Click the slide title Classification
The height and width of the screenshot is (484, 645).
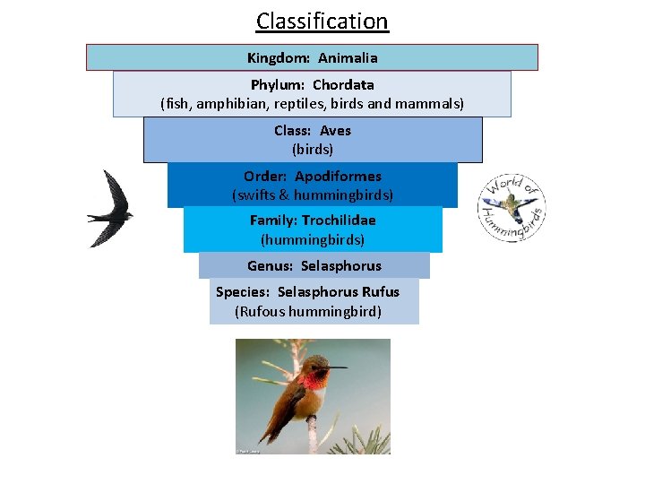coord(322,21)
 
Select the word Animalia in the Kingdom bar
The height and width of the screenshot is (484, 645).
coord(348,58)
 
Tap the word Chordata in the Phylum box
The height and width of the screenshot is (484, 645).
coord(343,85)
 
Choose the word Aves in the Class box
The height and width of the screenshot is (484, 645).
coord(335,131)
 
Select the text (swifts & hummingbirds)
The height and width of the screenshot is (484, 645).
coord(313,194)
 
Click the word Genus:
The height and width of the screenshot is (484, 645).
coord(270,266)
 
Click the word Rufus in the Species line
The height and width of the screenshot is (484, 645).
coord(381,292)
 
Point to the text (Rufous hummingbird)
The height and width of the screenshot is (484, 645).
coord(308,312)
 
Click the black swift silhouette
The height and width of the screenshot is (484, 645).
coord(111,209)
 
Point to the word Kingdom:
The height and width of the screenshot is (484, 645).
coord(279,58)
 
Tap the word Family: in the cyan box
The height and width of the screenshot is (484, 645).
coord(273,220)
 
